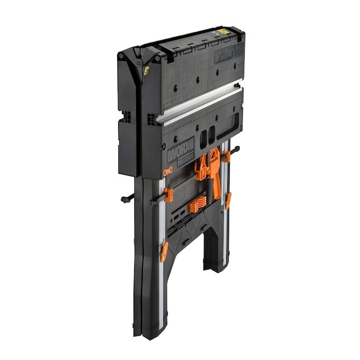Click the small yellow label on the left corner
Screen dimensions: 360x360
[x=147, y=71]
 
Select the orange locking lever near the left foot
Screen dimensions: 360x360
[x=163, y=252]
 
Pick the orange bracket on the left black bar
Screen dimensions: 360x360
[x=168, y=196]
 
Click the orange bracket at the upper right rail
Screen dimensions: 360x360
[x=227, y=158]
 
